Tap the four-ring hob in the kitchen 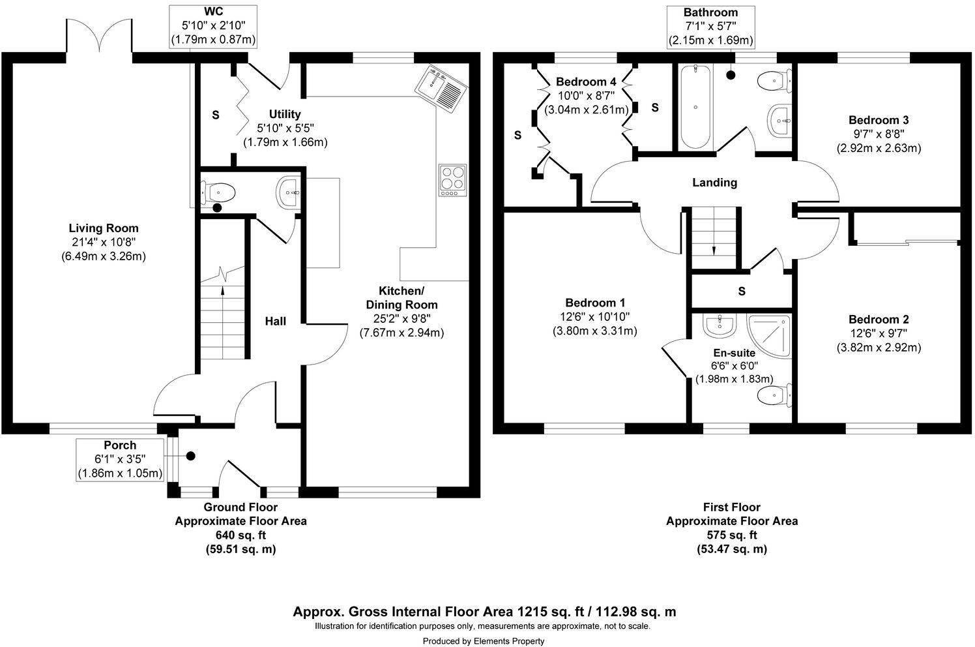pyautogui.click(x=453, y=179)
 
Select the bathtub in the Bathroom pyautogui.click(x=695, y=108)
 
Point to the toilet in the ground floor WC pyautogui.click(x=220, y=192)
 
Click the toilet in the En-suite pyautogui.click(x=776, y=394)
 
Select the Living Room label pyautogui.click(x=104, y=228)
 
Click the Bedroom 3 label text pyautogui.click(x=878, y=120)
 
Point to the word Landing pyautogui.click(x=714, y=183)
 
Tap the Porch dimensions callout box pyautogui.click(x=120, y=459)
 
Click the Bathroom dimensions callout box pyautogui.click(x=710, y=27)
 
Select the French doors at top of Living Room pyautogui.click(x=99, y=39)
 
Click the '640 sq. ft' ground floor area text pyautogui.click(x=240, y=535)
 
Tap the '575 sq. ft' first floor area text pyautogui.click(x=731, y=535)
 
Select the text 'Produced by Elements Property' pyautogui.click(x=483, y=641)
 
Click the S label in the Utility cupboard pyautogui.click(x=215, y=115)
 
